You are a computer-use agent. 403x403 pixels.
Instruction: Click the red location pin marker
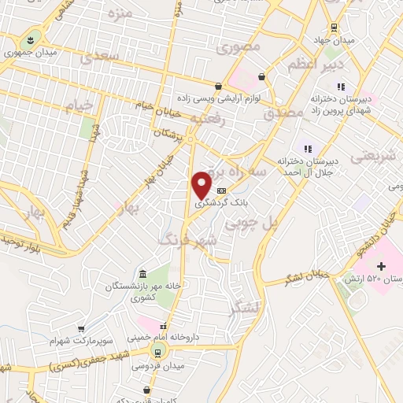click(202, 184)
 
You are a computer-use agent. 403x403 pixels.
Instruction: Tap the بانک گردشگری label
click(222, 202)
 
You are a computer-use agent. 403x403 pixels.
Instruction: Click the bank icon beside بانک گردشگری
click(221, 190)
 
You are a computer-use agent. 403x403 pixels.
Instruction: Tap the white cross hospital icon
click(383, 267)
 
